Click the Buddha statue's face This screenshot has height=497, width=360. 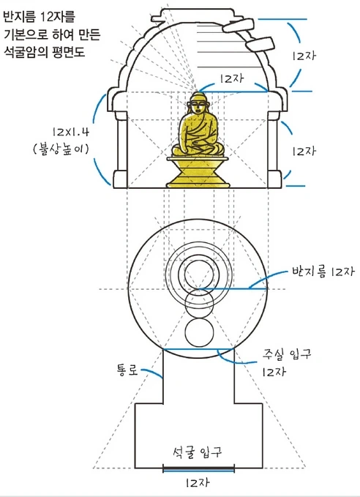(199, 105)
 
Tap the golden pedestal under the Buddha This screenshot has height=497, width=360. (198, 172)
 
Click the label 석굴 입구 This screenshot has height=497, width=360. (197, 452)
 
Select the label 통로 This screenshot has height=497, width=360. (127, 370)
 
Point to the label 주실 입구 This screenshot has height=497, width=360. (287, 354)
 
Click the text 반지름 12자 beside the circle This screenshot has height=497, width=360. (323, 272)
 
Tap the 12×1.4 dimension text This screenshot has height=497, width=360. (71, 132)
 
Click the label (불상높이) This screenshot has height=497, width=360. (61, 149)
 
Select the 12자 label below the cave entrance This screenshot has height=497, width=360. (197, 482)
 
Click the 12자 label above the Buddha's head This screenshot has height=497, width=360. (232, 78)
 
